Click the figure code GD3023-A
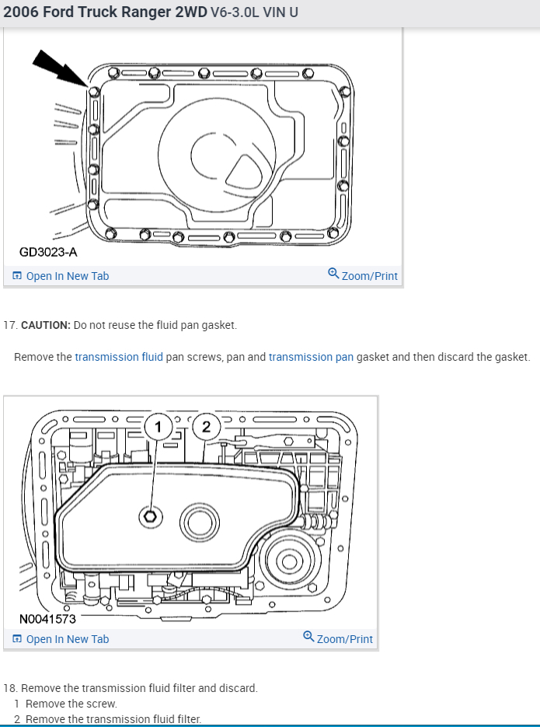coord(48,252)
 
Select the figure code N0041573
coord(48,619)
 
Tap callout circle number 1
coord(159,426)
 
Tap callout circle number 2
coord(205,426)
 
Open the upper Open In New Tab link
coord(67,276)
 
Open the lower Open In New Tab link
coord(67,639)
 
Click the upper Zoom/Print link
coord(369,276)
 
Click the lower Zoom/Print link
coord(344,639)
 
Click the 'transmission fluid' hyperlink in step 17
coord(119,357)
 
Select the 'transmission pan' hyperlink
coord(311,357)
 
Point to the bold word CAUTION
coord(45,324)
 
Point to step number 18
coord(10,688)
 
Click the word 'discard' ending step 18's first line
coord(240,688)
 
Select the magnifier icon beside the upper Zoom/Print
coord(333,274)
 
